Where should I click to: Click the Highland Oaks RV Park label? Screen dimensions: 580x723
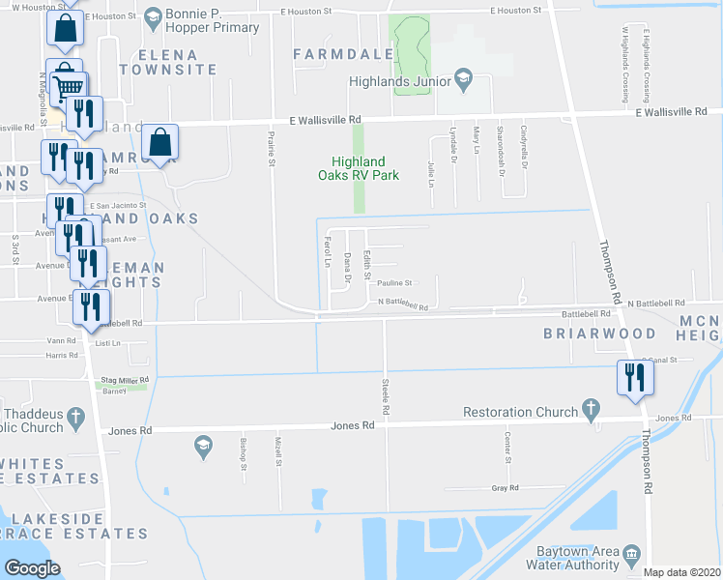(x=358, y=168)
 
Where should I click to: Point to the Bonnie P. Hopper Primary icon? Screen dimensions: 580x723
(x=153, y=17)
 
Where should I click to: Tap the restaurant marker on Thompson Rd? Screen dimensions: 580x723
(x=634, y=377)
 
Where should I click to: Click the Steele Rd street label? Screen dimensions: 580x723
(x=385, y=395)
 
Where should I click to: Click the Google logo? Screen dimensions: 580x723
(x=31, y=567)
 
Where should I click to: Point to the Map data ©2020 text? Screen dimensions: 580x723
(x=681, y=572)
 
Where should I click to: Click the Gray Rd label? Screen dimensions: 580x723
(x=499, y=489)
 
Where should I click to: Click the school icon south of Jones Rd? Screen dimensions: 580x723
(x=203, y=446)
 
